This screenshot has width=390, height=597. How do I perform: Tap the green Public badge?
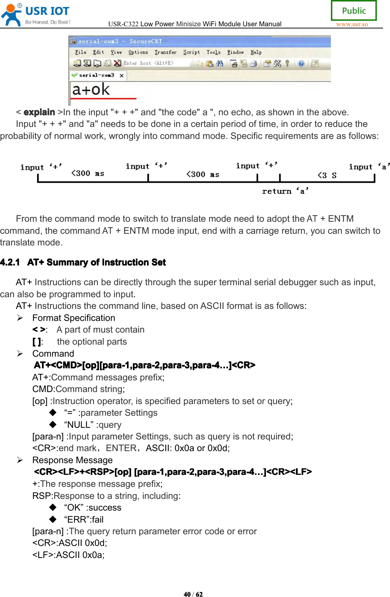[354, 11]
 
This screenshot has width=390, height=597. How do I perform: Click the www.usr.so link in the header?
[352, 24]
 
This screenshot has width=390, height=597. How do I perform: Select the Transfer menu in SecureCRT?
[165, 52]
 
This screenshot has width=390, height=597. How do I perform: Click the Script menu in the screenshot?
[191, 52]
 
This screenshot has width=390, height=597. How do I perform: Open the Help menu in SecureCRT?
[256, 52]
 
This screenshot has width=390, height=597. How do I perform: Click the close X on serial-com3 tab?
[121, 75]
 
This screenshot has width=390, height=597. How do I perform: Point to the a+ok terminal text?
[91, 89]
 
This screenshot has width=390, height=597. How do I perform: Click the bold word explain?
[39, 112]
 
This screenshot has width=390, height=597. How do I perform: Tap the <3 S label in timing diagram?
[327, 175]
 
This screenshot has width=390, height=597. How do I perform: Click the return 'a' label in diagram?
[285, 191]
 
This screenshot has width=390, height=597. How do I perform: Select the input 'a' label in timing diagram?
[369, 167]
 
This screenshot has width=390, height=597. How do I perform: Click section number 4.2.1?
[10, 262]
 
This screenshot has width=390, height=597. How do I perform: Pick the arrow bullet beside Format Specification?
[20, 318]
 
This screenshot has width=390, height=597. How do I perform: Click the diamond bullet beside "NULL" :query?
[53, 425]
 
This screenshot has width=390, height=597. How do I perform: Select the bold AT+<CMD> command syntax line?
[144, 365]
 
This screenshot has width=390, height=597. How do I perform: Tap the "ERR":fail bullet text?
[84, 519]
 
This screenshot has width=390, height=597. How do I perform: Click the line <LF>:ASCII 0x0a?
[68, 555]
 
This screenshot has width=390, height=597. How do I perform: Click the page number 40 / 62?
[193, 594]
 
